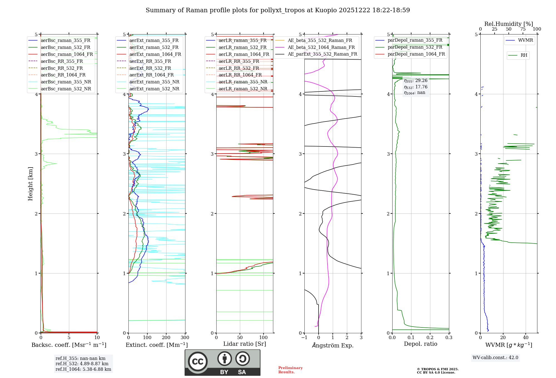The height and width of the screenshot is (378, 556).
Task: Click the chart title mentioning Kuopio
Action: coord(278,10)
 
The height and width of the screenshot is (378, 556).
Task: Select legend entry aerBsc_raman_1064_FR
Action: coord(67,54)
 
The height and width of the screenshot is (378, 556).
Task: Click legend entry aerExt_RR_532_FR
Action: coord(150,68)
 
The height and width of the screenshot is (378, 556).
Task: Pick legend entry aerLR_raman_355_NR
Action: coord(243,82)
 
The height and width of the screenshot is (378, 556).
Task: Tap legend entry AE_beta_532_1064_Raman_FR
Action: coord(321,47)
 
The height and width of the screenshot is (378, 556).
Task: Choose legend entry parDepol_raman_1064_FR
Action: coord(416,54)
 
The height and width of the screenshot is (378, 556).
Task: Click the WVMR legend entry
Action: coord(525,40)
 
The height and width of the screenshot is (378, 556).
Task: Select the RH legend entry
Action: coord(524,55)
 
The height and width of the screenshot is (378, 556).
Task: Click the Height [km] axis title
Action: coord(30,183)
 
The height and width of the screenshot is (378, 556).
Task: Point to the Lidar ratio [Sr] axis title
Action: coord(245,344)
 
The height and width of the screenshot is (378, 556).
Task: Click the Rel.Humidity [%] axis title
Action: coord(508,24)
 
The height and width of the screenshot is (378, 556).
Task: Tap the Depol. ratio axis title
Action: coord(420,344)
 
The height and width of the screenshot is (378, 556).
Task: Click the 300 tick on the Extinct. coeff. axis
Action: coord(185,338)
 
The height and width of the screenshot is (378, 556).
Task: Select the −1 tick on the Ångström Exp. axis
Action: coord(304,338)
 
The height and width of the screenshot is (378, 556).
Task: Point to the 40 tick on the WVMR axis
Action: coord(526,338)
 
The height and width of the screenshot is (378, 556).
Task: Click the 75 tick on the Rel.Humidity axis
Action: coord(523,29)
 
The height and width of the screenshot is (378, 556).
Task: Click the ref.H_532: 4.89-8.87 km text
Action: coord(82,364)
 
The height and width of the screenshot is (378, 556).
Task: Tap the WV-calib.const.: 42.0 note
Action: coord(495,357)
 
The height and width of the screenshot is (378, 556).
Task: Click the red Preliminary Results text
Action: coord(290,370)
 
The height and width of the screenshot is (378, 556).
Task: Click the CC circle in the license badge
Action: coord(198,361)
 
